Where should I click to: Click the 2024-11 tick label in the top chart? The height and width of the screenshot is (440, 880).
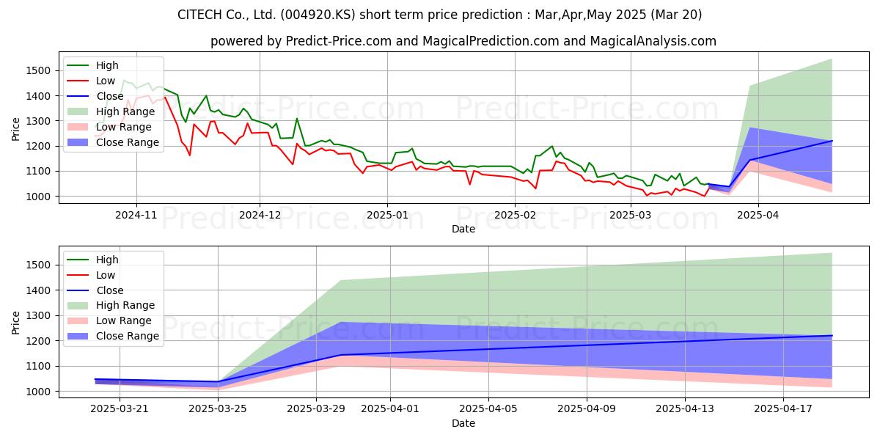pyautogui.click(x=136, y=216)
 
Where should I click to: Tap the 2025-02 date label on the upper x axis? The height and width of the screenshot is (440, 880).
pyautogui.click(x=515, y=216)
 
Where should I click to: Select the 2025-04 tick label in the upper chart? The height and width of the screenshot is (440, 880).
pyautogui.click(x=758, y=216)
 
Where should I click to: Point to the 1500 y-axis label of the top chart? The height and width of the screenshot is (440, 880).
pyautogui.click(x=38, y=70)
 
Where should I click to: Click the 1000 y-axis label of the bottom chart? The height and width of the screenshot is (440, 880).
pyautogui.click(x=38, y=392)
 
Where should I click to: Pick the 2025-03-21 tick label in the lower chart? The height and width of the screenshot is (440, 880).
pyautogui.click(x=120, y=409)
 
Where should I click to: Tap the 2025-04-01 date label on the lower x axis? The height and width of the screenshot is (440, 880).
pyautogui.click(x=390, y=409)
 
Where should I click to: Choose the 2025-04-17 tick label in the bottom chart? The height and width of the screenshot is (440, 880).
pyautogui.click(x=783, y=409)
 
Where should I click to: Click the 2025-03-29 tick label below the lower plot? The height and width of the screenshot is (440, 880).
pyautogui.click(x=316, y=409)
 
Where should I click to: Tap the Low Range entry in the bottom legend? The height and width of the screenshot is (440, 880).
pyautogui.click(x=109, y=320)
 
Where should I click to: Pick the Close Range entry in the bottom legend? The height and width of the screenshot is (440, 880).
pyautogui.click(x=113, y=336)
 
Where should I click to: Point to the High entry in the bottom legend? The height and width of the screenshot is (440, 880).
pyautogui.click(x=92, y=260)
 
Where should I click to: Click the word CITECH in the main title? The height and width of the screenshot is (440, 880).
pyautogui.click(x=200, y=15)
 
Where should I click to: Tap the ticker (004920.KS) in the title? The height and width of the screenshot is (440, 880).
pyautogui.click(x=318, y=15)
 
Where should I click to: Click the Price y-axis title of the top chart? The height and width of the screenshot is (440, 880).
pyautogui.click(x=15, y=129)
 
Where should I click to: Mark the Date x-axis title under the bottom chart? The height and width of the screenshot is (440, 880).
pyautogui.click(x=463, y=424)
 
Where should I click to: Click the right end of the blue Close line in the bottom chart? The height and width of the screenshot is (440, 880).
pyautogui.click(x=832, y=336)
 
